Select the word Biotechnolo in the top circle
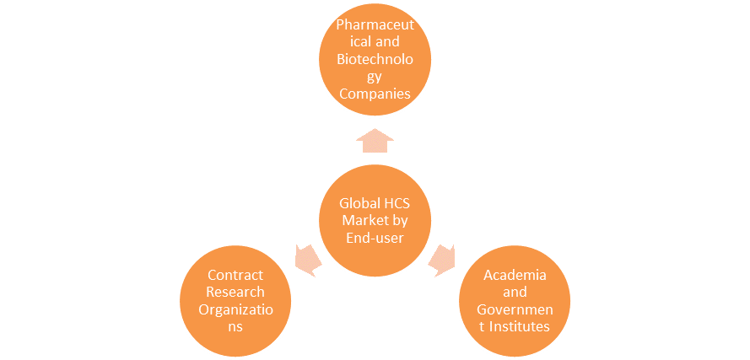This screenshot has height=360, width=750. pyautogui.click(x=375, y=60)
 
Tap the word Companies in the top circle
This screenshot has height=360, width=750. pyautogui.click(x=375, y=93)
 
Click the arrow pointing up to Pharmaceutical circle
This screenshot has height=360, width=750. pyautogui.click(x=375, y=140)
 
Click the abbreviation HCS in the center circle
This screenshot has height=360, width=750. pyautogui.click(x=397, y=203)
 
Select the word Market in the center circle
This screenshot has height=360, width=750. pyautogui.click(x=364, y=219)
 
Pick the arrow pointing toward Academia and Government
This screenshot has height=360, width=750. pyautogui.click(x=442, y=259)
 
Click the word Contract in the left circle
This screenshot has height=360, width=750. pyautogui.click(x=235, y=276)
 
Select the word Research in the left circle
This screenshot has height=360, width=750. pyautogui.click(x=235, y=293)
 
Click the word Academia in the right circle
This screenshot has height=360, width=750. pyautogui.click(x=515, y=276)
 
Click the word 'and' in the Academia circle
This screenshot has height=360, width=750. pyautogui.click(x=515, y=293)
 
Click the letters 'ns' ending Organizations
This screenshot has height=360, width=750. pyautogui.click(x=235, y=325)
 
